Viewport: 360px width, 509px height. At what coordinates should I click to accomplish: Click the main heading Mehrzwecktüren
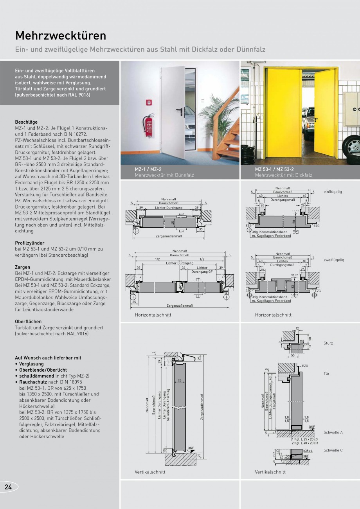pos(61,36)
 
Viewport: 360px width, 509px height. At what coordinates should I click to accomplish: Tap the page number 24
pos(8,487)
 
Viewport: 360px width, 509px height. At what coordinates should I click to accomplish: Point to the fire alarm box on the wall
pos(149,103)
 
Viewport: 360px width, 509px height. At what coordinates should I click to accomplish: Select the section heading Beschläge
pos(26,122)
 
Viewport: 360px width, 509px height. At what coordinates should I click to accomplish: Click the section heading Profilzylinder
pos(30,243)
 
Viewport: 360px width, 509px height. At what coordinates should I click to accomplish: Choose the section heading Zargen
pos(22,267)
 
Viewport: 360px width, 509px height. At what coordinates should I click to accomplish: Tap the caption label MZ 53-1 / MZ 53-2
pos(274,169)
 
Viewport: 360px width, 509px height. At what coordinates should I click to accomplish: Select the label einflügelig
pos(333,192)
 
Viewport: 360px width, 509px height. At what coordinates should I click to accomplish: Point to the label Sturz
pos(328,343)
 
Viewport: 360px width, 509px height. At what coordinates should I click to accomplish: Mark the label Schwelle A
pos(333,432)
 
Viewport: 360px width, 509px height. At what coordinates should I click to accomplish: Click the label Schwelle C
pos(333,450)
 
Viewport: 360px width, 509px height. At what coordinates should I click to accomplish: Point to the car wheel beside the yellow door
pos(352,147)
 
